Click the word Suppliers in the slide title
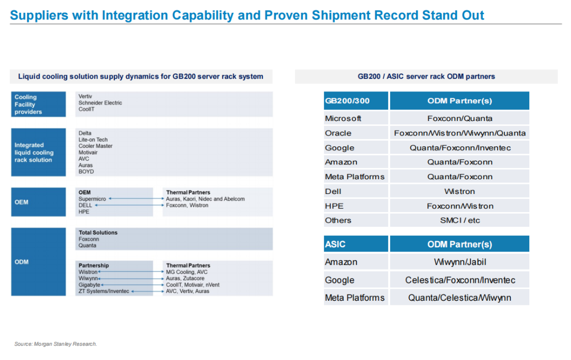click(x=39, y=15)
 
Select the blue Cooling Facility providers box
click(x=38, y=104)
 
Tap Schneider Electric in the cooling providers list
click(x=100, y=103)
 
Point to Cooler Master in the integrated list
click(x=95, y=146)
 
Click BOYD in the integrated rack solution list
click(x=86, y=171)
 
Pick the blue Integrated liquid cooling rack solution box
click(x=38, y=152)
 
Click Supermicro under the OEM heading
click(x=92, y=199)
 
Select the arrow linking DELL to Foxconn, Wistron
click(x=130, y=205)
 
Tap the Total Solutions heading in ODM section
click(x=98, y=233)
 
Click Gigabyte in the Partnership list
click(x=89, y=284)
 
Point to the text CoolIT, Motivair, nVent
click(x=192, y=284)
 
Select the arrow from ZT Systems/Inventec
click(x=148, y=291)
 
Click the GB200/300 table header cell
click(x=356, y=101)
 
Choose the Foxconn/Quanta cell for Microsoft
click(x=459, y=118)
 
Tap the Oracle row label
click(x=338, y=133)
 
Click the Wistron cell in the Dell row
click(x=459, y=191)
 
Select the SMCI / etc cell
click(x=459, y=220)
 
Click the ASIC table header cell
click(x=356, y=244)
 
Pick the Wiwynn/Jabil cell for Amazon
click(x=459, y=262)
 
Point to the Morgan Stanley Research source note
click(x=56, y=344)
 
